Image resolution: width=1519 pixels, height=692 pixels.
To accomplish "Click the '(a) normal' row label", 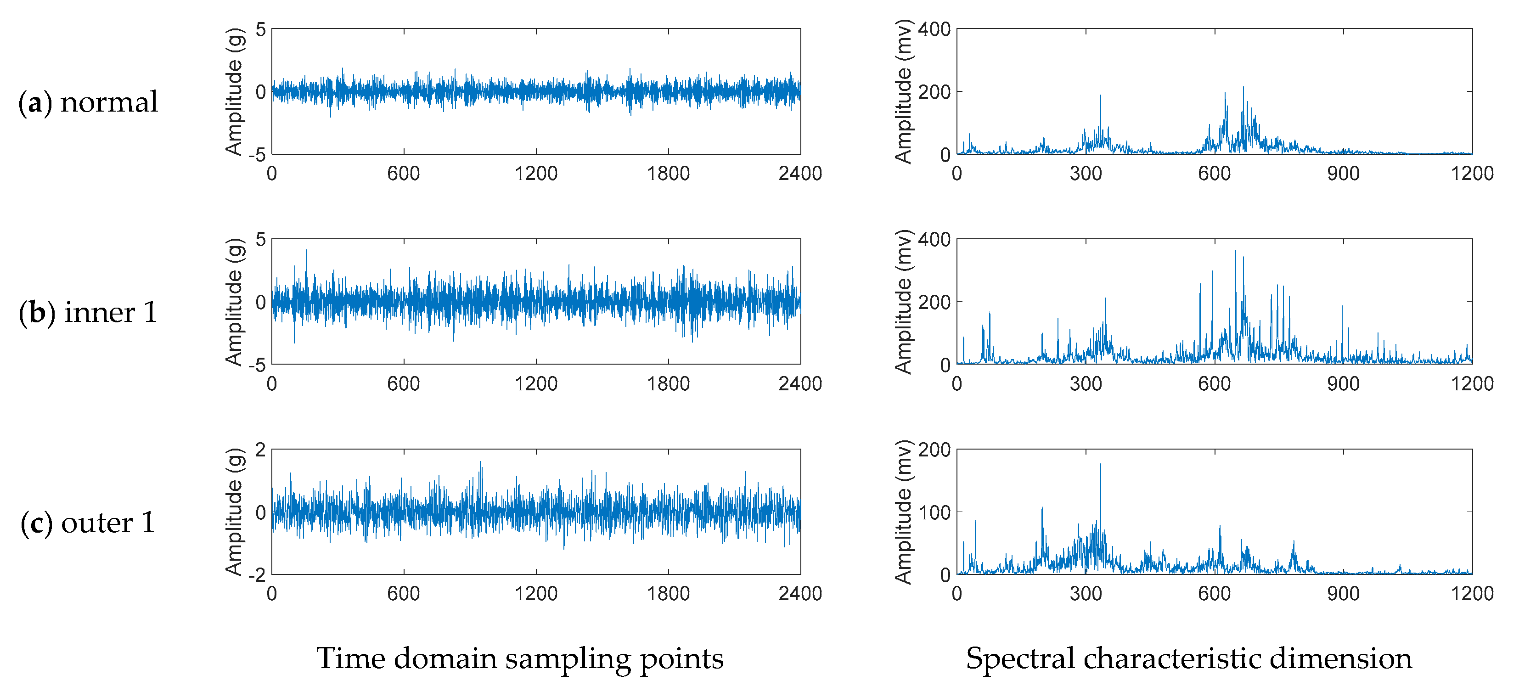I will (x=89, y=102).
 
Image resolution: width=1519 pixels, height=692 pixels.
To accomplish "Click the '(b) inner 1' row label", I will (x=89, y=312).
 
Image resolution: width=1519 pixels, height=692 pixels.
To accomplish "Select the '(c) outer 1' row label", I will (x=89, y=523).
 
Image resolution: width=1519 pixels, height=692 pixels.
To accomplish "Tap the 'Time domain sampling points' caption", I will (x=520, y=658).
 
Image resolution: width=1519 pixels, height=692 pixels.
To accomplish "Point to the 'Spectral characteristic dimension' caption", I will (x=1189, y=658).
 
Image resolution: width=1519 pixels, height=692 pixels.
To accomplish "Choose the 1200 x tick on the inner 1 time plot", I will (x=535, y=384).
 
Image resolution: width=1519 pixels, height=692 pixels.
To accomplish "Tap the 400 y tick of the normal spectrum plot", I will (x=934, y=29).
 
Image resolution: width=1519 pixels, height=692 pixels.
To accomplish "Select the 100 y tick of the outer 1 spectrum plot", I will (x=934, y=512).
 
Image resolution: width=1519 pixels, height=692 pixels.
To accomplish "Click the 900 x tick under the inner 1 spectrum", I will (x=1343, y=384).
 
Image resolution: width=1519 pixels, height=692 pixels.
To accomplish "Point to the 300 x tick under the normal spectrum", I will (x=1086, y=173).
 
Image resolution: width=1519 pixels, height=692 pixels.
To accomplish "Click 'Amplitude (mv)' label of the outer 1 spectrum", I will (x=903, y=512).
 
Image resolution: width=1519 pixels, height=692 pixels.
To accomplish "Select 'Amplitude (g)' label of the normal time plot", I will (x=234, y=91).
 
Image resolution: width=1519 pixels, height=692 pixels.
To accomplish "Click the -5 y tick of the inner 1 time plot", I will (x=257, y=366).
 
